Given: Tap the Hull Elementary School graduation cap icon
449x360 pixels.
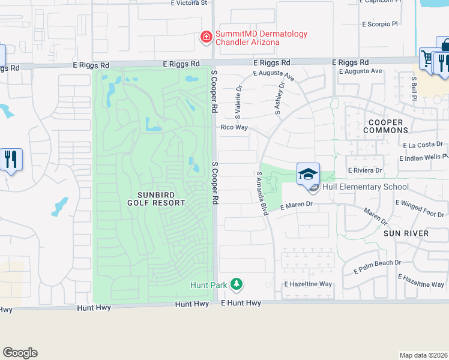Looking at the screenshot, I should [308, 174].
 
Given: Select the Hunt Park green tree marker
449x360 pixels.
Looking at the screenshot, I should [237, 284].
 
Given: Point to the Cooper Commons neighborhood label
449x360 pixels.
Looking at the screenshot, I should [385, 126].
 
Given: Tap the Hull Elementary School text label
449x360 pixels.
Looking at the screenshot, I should [366, 187].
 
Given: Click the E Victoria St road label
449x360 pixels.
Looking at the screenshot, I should [188, 3].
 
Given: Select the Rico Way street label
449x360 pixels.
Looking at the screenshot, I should [234, 127].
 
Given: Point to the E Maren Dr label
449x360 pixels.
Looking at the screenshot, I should [297, 205].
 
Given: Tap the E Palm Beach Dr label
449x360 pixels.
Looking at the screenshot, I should [377, 267].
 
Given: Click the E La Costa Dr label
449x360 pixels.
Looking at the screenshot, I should [423, 145].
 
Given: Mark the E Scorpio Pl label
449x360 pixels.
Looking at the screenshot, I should [380, 25].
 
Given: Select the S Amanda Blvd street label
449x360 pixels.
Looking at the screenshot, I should [262, 194].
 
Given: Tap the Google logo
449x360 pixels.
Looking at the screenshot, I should [20, 353].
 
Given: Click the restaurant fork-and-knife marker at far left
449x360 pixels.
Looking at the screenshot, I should [11, 160].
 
